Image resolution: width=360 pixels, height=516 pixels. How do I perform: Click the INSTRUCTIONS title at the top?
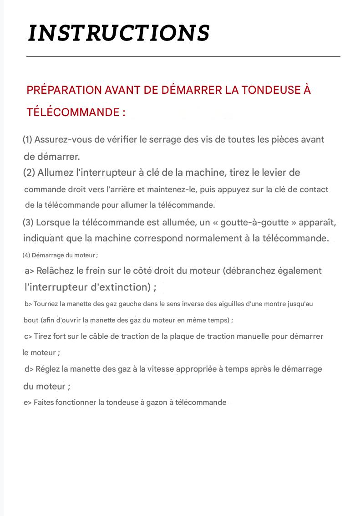(119, 33)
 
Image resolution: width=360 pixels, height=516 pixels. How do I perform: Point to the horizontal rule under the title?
(183, 57)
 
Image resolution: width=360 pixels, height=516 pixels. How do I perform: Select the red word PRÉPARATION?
(64, 90)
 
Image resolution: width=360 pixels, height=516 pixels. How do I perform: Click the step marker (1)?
(27, 140)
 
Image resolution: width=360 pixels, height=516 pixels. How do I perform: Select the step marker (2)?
(29, 173)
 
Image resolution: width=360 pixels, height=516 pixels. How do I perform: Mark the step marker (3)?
(28, 223)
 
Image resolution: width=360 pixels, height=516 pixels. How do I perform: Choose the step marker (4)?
(26, 255)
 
